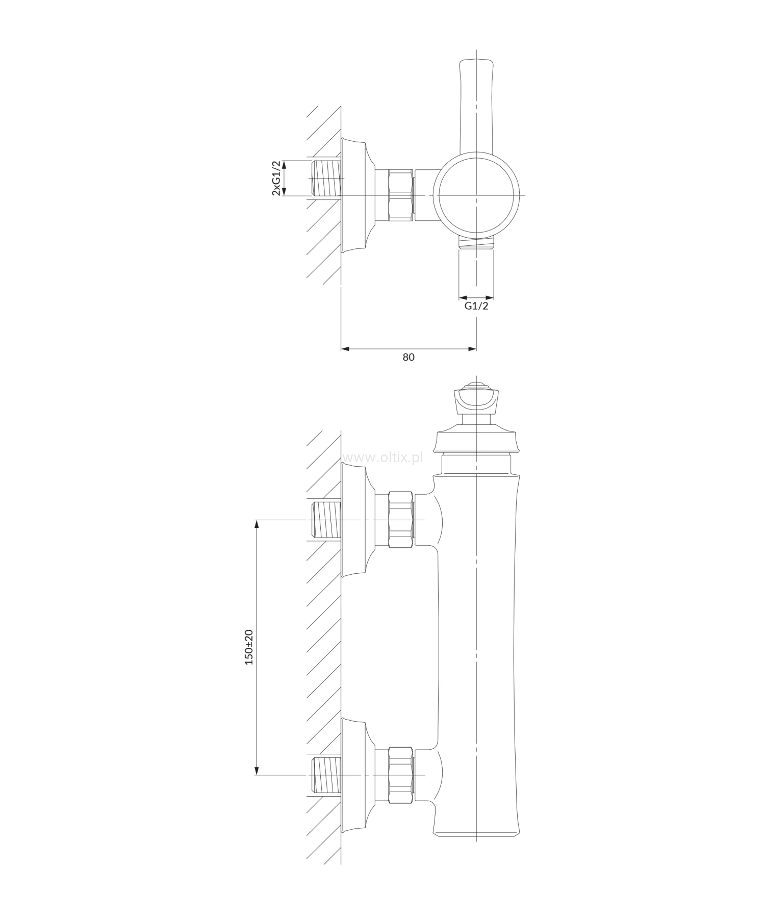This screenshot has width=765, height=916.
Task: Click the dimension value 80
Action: click(x=409, y=357)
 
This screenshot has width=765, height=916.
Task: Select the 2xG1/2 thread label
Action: click(x=276, y=178)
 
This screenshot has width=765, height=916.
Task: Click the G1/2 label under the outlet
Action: click(x=476, y=306)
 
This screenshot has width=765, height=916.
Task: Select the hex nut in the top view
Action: click(x=400, y=195)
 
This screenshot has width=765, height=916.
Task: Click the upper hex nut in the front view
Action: click(x=400, y=520)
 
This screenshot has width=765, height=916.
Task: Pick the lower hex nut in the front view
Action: click(x=400, y=775)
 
